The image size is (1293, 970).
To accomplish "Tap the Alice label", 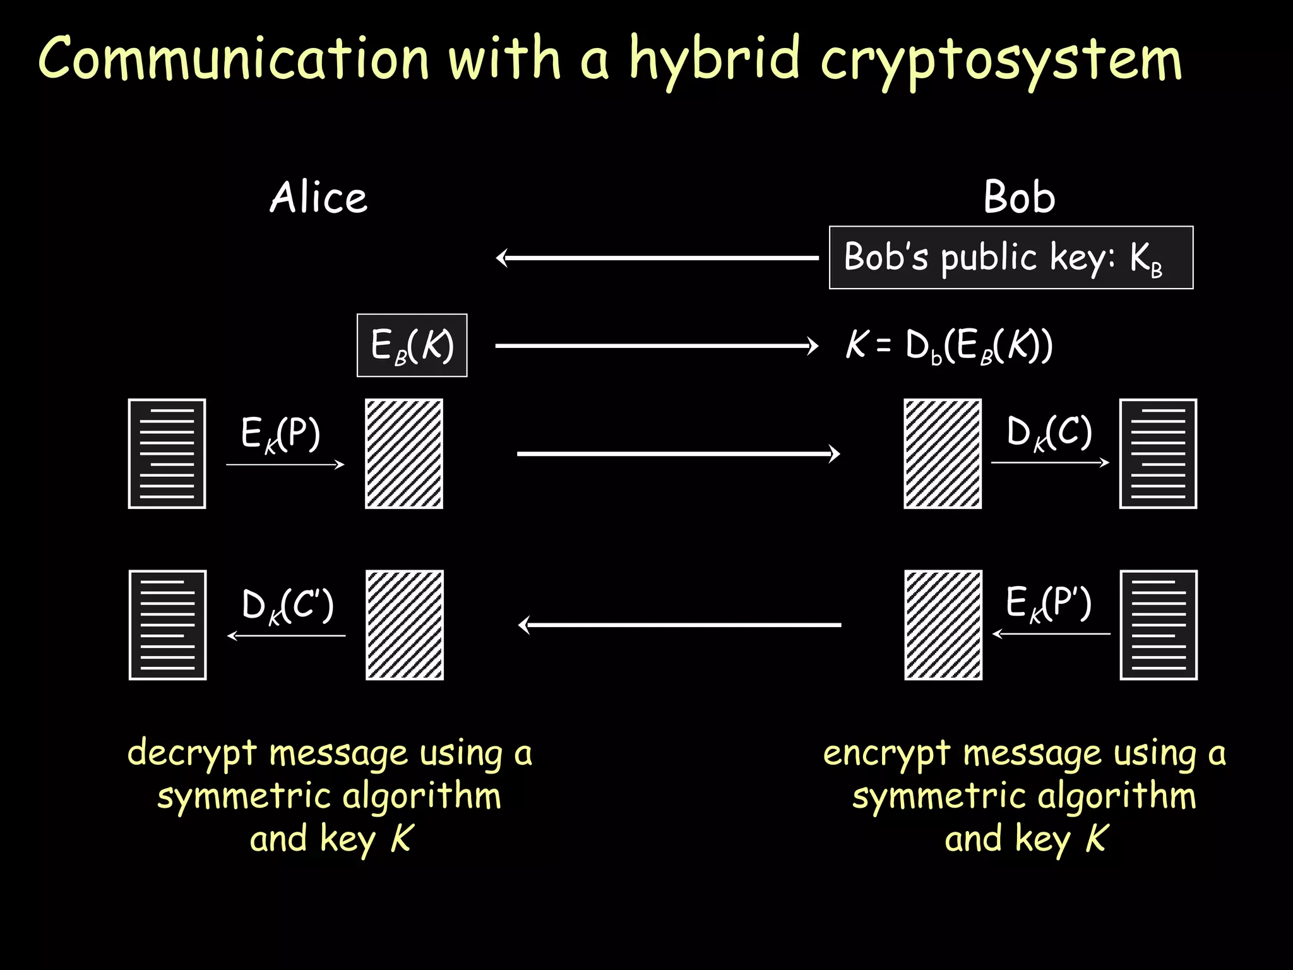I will pyautogui.click(x=319, y=197).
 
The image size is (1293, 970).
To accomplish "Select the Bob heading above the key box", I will pyautogui.click(x=1019, y=197).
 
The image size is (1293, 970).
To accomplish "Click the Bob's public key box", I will pyautogui.click(x=1011, y=258).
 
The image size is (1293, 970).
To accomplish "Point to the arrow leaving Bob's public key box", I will pyautogui.click(x=657, y=258).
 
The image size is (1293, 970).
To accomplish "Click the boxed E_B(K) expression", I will pyautogui.click(x=412, y=345).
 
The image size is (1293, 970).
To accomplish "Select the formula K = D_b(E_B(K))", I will pyautogui.click(x=949, y=346).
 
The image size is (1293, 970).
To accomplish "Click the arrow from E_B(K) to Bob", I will pyautogui.click(x=657, y=345).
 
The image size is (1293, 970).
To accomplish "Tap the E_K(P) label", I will pyautogui.click(x=281, y=434).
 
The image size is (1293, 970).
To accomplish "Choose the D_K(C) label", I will pyautogui.click(x=1049, y=433).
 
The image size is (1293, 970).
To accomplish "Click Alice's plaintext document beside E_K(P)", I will pyautogui.click(x=167, y=453).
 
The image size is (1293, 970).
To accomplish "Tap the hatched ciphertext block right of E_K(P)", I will pyautogui.click(x=404, y=453).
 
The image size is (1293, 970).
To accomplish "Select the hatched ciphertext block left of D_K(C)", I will pyautogui.click(x=943, y=453).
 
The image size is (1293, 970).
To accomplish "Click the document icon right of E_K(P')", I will pyautogui.click(x=1159, y=625).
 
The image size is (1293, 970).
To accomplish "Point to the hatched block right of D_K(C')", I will pyautogui.click(x=405, y=625).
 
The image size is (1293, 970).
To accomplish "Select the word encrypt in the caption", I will pyautogui.click(x=886, y=753).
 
